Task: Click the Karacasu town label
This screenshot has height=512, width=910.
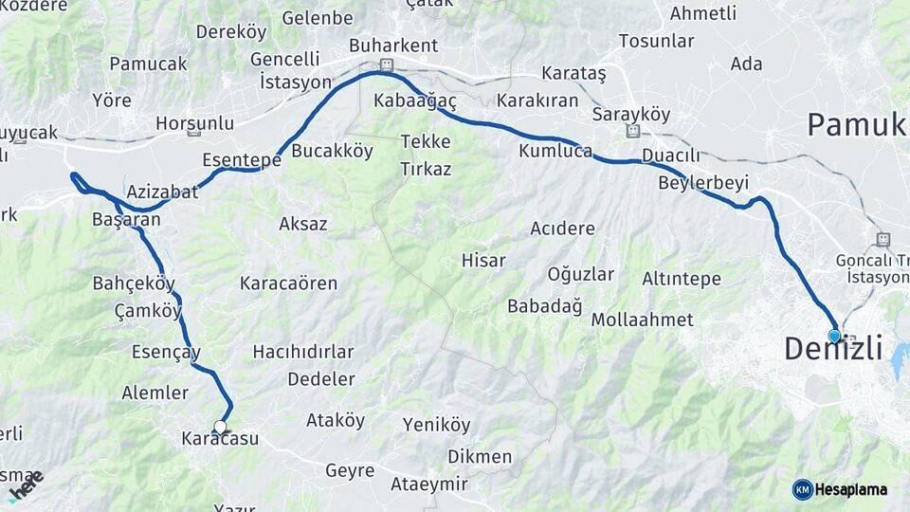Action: pos(219,439)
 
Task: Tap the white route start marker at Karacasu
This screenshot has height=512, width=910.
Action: pos(221,428)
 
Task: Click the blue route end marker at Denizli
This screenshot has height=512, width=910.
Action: pos(834,336)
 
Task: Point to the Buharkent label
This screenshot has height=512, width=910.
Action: pos(393,46)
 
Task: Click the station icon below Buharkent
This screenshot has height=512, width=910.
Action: pos(386,65)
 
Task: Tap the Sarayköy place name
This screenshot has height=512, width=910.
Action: pos(630,114)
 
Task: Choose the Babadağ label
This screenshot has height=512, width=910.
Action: pos(544,305)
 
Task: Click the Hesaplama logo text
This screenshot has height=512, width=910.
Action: pos(852,489)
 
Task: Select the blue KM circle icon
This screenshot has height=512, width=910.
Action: pos(802,489)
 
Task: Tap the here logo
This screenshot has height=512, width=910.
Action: pos(26,485)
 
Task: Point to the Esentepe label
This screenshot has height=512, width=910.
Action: pos(242,160)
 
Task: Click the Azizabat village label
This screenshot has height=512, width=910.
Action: pos(162,192)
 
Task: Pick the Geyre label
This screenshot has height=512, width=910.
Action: pos(350,470)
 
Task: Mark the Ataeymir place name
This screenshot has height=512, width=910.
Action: pos(429,485)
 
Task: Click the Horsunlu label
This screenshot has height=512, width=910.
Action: pos(194,123)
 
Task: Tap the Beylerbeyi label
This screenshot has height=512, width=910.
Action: pos(703,183)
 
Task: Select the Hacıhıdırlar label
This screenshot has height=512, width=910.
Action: pos(303,352)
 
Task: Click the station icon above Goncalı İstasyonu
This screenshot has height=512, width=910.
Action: pos(883,240)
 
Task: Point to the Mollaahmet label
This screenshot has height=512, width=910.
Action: pos(642,320)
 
